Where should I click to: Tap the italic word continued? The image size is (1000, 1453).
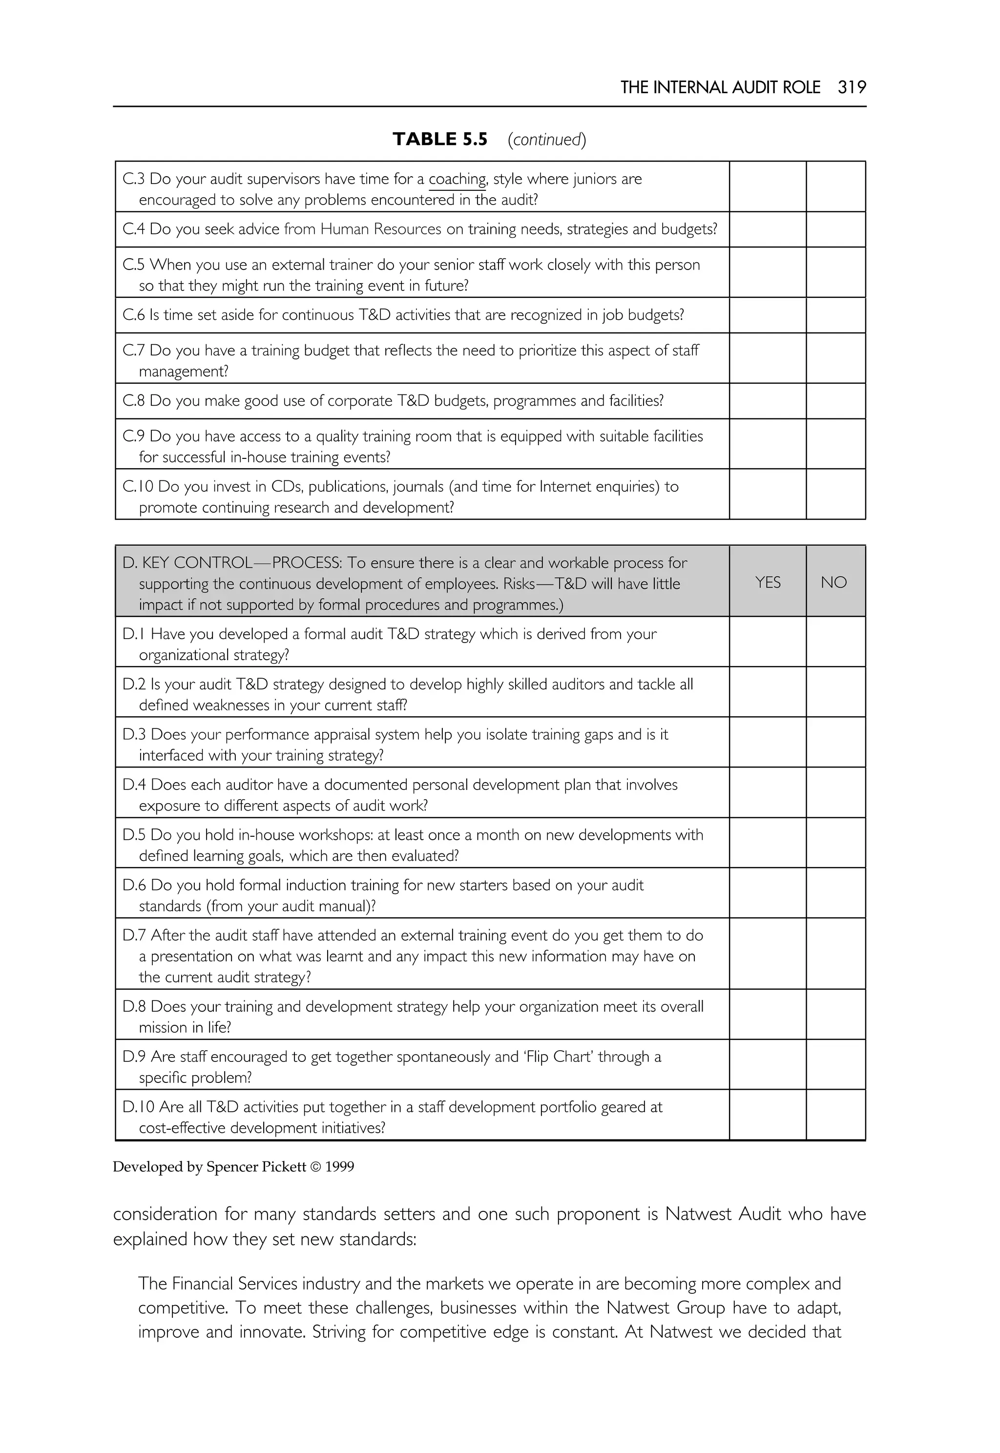click(x=546, y=139)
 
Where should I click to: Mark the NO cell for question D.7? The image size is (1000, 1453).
click(x=835, y=954)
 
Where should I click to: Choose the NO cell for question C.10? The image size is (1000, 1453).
click(x=835, y=495)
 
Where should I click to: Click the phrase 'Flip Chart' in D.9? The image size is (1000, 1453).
click(x=553, y=1057)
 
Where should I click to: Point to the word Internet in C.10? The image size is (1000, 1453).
click(x=566, y=487)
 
